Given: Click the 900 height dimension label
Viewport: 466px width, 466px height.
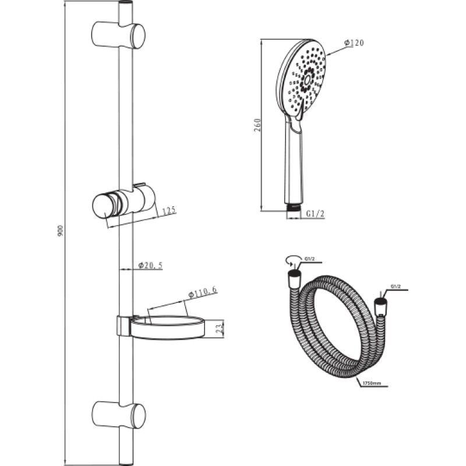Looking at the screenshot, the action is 61,231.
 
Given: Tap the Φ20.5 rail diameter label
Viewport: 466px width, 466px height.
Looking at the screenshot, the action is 151,266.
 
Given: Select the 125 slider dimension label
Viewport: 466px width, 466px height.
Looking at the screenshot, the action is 170,211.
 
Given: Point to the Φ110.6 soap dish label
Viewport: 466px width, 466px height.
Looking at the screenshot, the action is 203,292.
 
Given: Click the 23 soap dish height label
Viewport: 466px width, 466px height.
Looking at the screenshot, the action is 219,329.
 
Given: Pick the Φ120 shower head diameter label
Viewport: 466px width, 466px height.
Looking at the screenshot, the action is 354,43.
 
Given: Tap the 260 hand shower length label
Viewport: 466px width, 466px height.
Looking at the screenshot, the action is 257,125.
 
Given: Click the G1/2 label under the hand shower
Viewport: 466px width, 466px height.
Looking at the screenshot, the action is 315,214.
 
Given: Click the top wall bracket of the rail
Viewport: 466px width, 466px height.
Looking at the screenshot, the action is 118,35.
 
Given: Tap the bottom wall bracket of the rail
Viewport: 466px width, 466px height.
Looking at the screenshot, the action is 118,415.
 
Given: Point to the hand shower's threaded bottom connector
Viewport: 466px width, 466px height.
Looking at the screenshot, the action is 294,207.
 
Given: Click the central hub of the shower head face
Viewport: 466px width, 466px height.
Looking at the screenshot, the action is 308,79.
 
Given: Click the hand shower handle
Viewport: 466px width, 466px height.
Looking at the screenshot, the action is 294,161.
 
